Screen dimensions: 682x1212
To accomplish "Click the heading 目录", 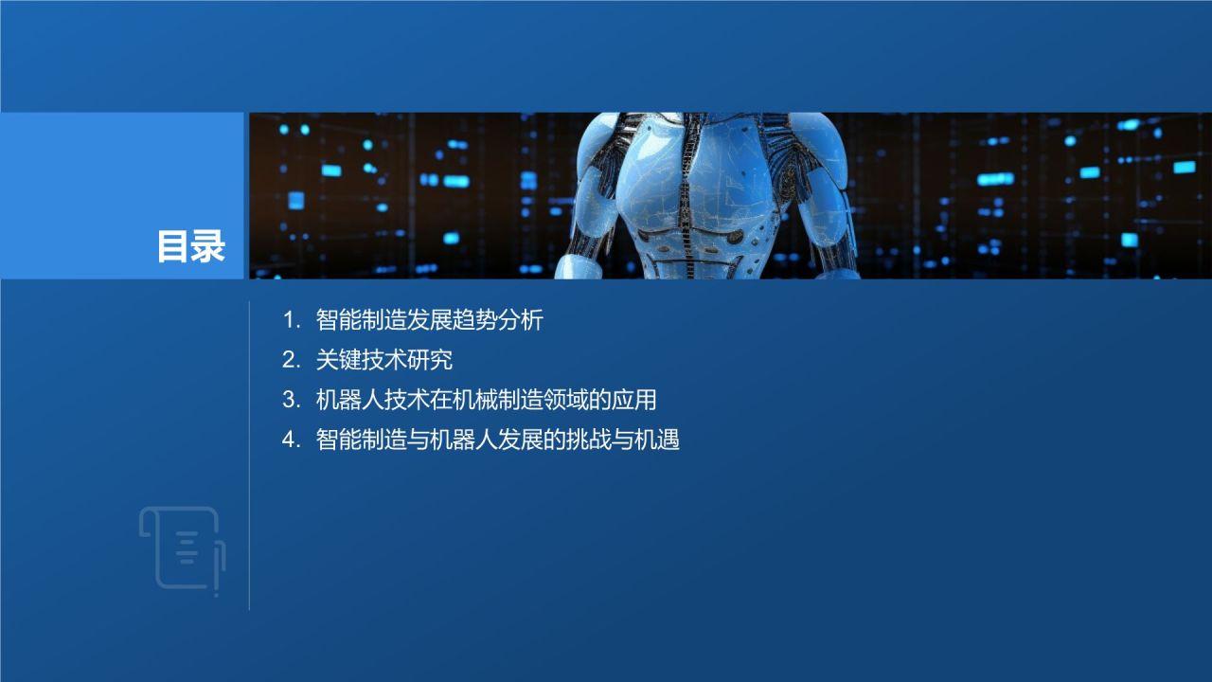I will [x=190, y=247].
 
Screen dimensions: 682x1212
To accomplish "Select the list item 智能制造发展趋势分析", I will [x=429, y=320].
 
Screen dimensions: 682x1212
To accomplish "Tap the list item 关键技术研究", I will [x=383, y=360].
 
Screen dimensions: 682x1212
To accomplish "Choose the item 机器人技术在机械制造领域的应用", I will [x=486, y=400].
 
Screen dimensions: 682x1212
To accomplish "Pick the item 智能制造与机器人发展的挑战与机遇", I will [x=497, y=440].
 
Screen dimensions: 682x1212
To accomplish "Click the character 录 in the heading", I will [x=208, y=247].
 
